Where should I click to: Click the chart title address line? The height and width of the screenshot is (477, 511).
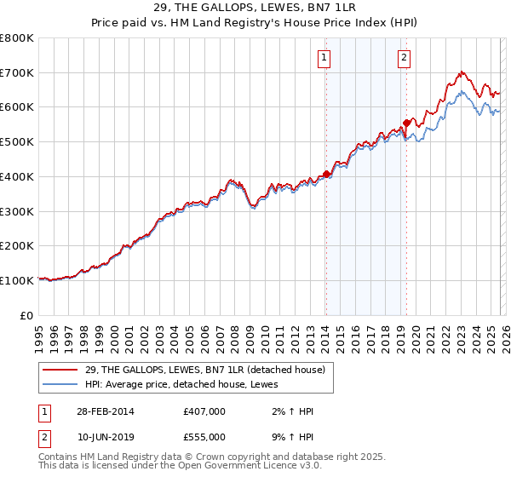point(255,8)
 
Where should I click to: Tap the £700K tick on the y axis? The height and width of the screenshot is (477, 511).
point(17,72)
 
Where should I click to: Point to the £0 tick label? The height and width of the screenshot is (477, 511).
point(27,315)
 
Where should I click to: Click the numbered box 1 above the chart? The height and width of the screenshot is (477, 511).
point(325,58)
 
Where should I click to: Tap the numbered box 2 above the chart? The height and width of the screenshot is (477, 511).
point(403,58)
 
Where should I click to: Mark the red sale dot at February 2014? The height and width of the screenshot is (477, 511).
point(326,175)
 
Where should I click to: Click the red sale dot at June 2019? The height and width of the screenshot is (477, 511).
point(407,123)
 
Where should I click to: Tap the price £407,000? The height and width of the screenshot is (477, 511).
point(204,411)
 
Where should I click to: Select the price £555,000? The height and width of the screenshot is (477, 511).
point(204,436)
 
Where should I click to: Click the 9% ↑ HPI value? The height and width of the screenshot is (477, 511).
point(291,436)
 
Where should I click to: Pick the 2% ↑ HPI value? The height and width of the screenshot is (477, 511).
point(291,411)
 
